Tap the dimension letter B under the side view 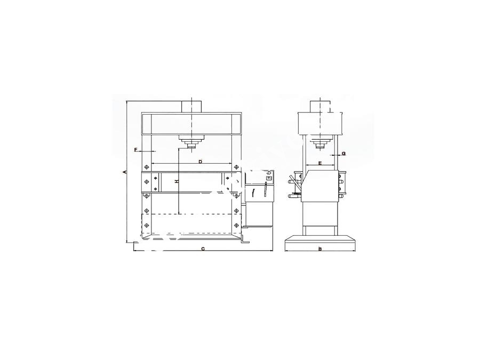click(x=320, y=249)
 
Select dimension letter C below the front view click(x=203, y=249)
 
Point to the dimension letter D click(x=201, y=161)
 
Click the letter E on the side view click(x=320, y=163)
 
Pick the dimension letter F click(x=137, y=149)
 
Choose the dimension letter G click(x=343, y=154)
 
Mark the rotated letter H click(x=177, y=182)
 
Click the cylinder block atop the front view click(x=192, y=107)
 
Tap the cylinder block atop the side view click(x=320, y=107)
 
